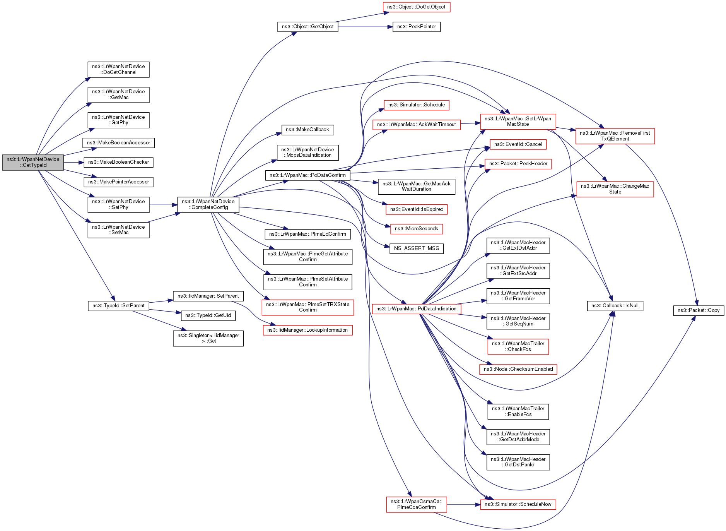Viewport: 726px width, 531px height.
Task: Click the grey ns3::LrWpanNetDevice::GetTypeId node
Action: pos(33,162)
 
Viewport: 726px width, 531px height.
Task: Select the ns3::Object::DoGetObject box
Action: pos(416,7)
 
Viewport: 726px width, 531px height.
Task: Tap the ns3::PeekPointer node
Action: pos(416,27)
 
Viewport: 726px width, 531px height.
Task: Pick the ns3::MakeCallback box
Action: pos(307,130)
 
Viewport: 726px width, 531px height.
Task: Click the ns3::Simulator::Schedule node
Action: pos(416,105)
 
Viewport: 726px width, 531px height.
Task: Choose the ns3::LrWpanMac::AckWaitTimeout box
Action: pos(416,125)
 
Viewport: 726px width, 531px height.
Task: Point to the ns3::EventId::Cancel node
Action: pos(518,144)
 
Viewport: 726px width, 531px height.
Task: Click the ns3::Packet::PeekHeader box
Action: pos(518,164)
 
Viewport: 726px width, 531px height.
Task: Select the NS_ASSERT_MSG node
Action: pos(416,248)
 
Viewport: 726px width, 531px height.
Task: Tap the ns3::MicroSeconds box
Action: pos(416,229)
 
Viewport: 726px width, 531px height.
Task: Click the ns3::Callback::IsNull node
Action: pos(615,306)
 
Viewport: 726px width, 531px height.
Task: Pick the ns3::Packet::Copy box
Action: pos(698,310)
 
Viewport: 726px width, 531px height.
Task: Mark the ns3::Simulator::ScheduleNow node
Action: pos(518,504)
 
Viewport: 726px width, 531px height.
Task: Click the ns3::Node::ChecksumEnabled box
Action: pos(518,369)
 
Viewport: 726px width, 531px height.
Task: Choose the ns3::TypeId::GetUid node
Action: pos(208,315)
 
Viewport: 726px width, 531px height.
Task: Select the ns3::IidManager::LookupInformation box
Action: pos(307,330)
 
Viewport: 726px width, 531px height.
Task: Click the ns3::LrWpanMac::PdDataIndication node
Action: pos(416,309)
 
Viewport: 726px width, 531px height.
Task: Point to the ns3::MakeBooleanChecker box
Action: pos(118,162)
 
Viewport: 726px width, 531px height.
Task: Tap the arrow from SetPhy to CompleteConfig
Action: pos(163,205)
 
